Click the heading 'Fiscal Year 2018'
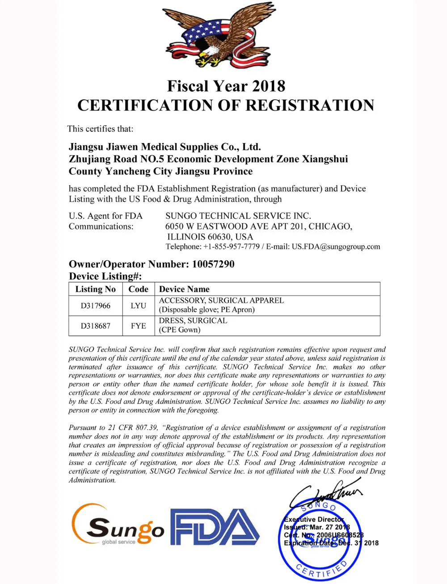pyautogui.click(x=226, y=86)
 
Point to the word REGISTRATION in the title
pyautogui.click(x=309, y=105)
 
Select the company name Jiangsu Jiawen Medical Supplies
pyautogui.click(x=164, y=147)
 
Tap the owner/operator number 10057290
pyautogui.click(x=213, y=264)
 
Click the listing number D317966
pyautogui.click(x=95, y=305)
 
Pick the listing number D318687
pyautogui.click(x=95, y=326)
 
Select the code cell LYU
pyautogui.click(x=138, y=305)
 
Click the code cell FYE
pyautogui.click(x=138, y=326)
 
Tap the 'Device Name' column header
pyautogui.click(x=184, y=289)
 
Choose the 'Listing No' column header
pyautogui.click(x=95, y=289)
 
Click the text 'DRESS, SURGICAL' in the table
pyautogui.click(x=193, y=321)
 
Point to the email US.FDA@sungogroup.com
pyautogui.click(x=336, y=246)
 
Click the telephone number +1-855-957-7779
pyautogui.click(x=231, y=246)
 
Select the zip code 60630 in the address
pyautogui.click(x=218, y=237)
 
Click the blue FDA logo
pyautogui.click(x=215, y=528)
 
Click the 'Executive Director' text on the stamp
pyautogui.click(x=314, y=519)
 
